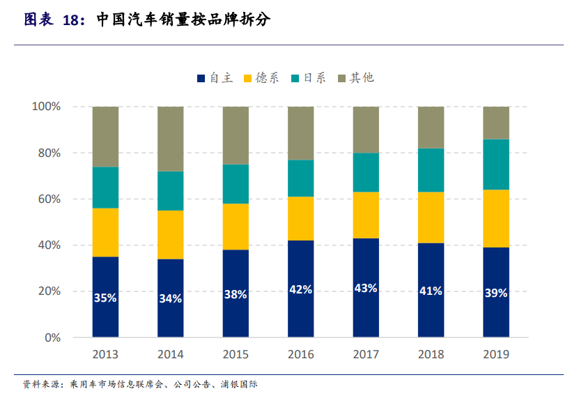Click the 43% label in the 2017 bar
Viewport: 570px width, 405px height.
click(366, 288)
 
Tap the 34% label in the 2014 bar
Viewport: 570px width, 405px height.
click(170, 298)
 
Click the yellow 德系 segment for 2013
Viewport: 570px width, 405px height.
click(105, 232)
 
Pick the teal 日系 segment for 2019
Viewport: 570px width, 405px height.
click(496, 164)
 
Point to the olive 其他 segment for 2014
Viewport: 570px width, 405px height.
click(170, 139)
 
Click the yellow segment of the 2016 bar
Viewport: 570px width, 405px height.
click(300, 218)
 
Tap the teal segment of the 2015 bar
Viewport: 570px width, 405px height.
click(236, 183)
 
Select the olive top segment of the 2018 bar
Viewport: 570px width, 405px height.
click(431, 127)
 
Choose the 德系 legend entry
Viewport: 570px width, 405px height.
click(261, 77)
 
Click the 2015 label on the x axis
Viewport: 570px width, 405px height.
click(236, 355)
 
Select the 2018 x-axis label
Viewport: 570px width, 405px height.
click(431, 355)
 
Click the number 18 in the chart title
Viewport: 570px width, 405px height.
click(71, 20)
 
